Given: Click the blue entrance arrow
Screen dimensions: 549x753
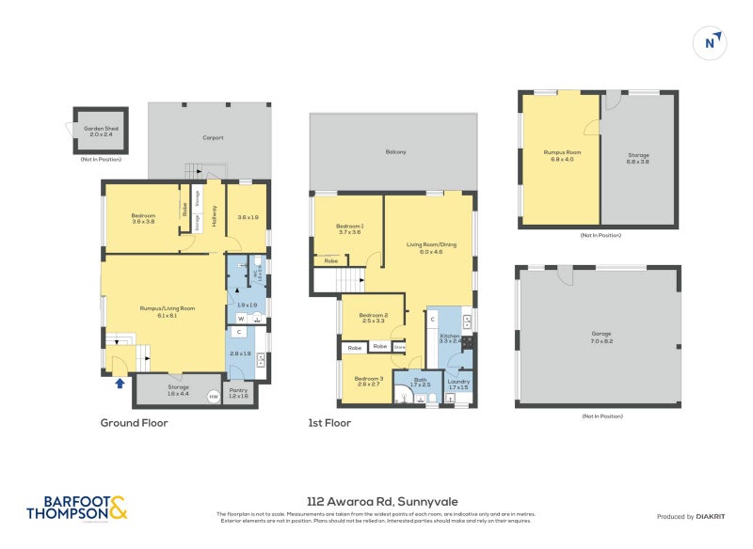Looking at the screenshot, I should (x=119, y=382).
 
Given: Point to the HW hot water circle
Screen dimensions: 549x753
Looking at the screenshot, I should (x=213, y=396).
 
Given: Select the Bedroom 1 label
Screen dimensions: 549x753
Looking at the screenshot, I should (x=349, y=228).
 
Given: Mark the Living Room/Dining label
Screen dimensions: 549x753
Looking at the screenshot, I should (x=430, y=247).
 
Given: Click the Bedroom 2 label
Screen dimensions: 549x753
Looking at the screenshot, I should (x=374, y=318).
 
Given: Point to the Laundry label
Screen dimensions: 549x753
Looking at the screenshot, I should (x=458, y=384).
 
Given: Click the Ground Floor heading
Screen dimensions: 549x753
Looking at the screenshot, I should (x=134, y=423).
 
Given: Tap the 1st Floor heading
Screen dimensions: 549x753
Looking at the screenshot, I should (x=329, y=423).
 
